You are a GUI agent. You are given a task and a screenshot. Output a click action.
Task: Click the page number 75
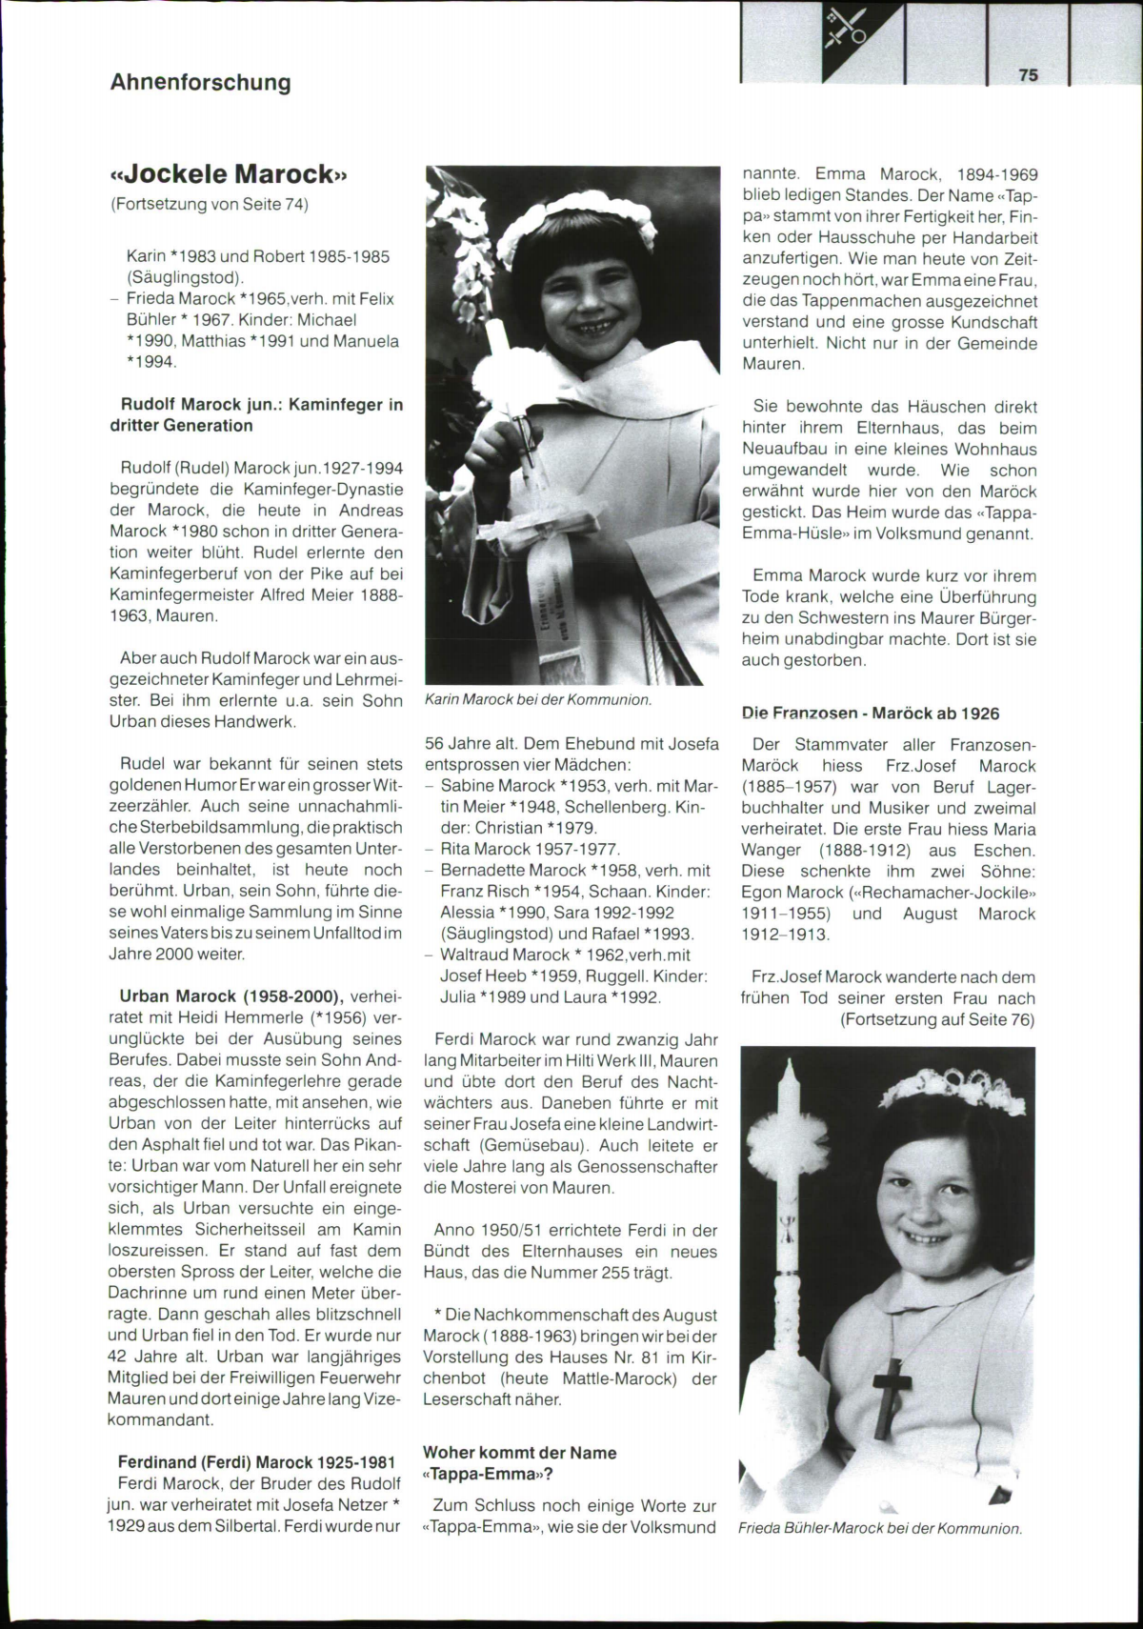1028,75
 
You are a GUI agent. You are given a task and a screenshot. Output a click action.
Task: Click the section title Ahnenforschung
200,82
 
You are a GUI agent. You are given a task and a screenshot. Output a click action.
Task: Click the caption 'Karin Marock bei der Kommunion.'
538,699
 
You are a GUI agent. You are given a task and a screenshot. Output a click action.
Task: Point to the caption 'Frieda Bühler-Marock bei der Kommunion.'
880,1528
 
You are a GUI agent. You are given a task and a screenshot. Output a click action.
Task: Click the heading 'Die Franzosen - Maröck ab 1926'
871,713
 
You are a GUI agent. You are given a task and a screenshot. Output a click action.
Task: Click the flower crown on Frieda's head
952,1088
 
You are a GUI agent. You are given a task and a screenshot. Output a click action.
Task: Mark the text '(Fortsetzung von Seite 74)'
210,204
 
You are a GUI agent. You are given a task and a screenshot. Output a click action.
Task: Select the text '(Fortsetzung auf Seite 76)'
937,1019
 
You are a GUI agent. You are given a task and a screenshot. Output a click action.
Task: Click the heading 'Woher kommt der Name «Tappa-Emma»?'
519,1463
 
